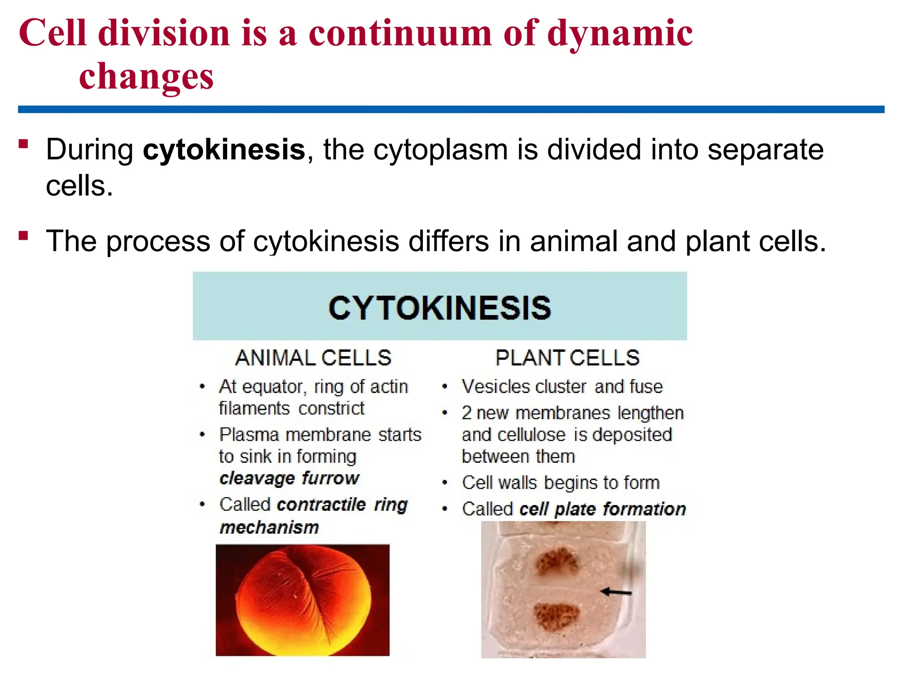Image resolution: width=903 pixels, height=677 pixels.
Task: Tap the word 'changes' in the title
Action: pyautogui.click(x=146, y=76)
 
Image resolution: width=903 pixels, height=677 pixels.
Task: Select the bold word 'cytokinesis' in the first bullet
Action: pyautogui.click(x=224, y=149)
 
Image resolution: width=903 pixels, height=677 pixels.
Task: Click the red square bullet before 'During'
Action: pyautogui.click(x=23, y=144)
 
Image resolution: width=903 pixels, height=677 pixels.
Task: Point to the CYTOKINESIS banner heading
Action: pyautogui.click(x=440, y=308)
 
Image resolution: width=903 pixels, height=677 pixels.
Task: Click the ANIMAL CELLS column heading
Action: pyautogui.click(x=313, y=357)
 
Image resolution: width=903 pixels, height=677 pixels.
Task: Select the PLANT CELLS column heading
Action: pyautogui.click(x=567, y=357)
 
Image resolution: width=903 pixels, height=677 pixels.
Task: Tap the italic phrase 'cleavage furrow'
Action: pyautogui.click(x=289, y=478)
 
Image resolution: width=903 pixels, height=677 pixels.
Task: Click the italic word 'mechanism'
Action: pyautogui.click(x=269, y=527)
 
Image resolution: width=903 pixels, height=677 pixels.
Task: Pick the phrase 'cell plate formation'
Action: pyautogui.click(x=602, y=509)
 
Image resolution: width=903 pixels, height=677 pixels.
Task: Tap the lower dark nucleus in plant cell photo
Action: pyautogui.click(x=556, y=616)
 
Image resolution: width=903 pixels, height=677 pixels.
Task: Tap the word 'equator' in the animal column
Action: pyautogui.click(x=273, y=387)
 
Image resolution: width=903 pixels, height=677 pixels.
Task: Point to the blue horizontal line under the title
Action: pyautogui.click(x=451, y=109)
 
